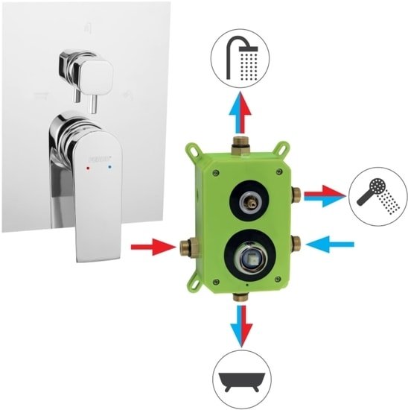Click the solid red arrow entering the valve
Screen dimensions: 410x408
click(x=152, y=246)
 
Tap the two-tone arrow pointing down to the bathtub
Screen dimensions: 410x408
click(x=240, y=322)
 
